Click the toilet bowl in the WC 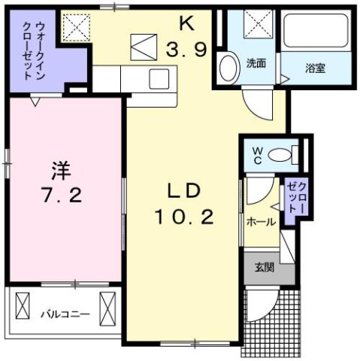(x=280, y=156)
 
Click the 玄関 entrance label (x=264, y=265)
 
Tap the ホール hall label (x=261, y=222)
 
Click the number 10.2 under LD (x=184, y=218)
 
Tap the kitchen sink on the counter (x=161, y=77)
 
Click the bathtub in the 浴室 (x=314, y=33)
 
